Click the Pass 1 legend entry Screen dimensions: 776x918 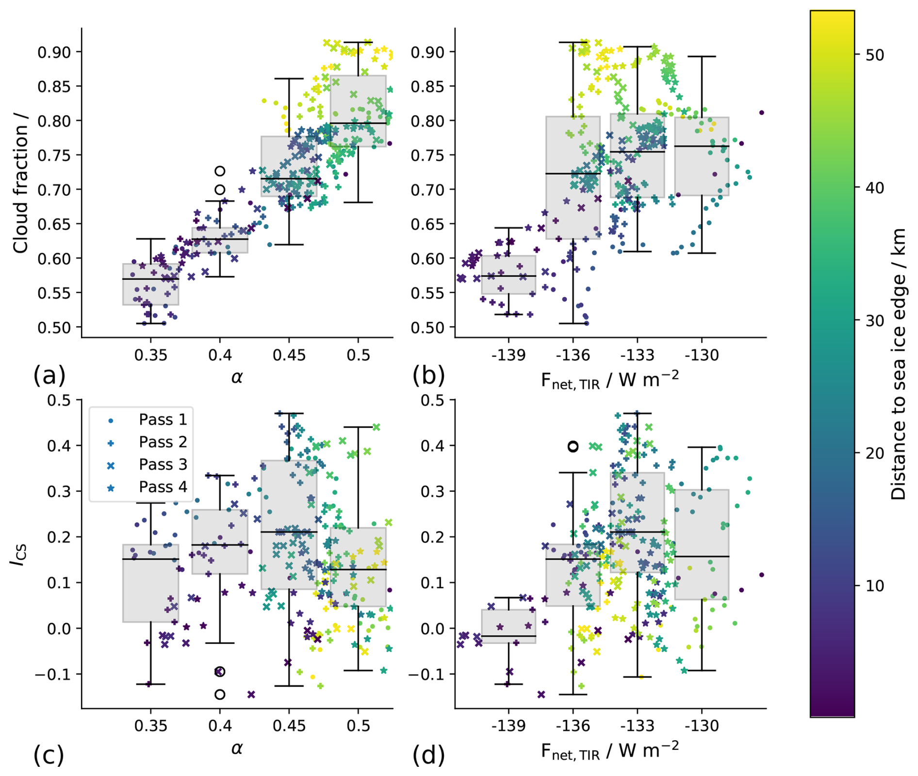tap(162, 420)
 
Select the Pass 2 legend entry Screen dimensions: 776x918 tap(162, 442)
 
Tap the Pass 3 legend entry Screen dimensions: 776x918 tap(162, 464)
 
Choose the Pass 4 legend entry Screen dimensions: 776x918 tap(162, 487)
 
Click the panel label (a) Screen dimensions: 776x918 tap(49, 376)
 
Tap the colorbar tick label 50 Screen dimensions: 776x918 tap(874, 55)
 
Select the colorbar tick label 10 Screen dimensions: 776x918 tap(874, 586)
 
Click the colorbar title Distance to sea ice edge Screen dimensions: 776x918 tap(899, 364)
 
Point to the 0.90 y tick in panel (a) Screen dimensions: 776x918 tap(54, 52)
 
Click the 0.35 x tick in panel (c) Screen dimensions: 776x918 tap(151, 726)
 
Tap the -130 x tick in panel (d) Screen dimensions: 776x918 tap(702, 726)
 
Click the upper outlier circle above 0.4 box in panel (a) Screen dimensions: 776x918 tap(220, 171)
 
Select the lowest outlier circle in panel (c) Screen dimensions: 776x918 tap(220, 694)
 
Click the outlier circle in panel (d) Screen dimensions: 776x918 tap(573, 446)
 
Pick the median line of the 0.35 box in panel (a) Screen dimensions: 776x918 tap(150, 279)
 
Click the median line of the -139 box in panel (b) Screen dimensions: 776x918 tap(508, 276)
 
